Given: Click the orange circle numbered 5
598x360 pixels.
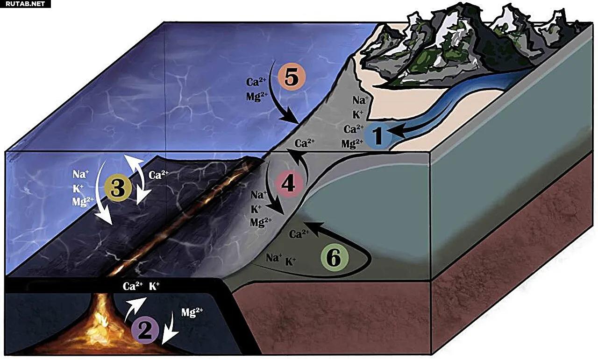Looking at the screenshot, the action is point(291,77).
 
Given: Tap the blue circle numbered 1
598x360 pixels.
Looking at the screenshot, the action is point(378,135).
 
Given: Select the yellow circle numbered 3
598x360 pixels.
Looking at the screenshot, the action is point(118,188).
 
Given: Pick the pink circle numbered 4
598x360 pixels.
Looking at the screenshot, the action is point(289,184).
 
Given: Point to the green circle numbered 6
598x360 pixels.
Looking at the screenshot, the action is point(335,258).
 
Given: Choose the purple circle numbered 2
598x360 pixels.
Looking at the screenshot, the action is point(145,330).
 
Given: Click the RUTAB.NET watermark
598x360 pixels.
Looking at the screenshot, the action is point(25,4).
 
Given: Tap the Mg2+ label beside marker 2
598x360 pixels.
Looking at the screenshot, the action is point(192,312).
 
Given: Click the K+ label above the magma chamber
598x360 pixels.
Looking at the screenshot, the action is point(154,286).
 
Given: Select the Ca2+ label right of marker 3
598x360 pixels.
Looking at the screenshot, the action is point(158,175).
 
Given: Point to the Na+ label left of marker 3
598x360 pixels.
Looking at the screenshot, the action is point(81,175).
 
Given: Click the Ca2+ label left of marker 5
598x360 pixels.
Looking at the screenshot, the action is point(256,82).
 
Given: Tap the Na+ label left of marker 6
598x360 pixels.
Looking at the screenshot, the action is point(274,258).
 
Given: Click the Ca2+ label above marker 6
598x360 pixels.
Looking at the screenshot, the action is point(299,234).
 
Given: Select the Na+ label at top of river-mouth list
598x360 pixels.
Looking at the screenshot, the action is point(360,100).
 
